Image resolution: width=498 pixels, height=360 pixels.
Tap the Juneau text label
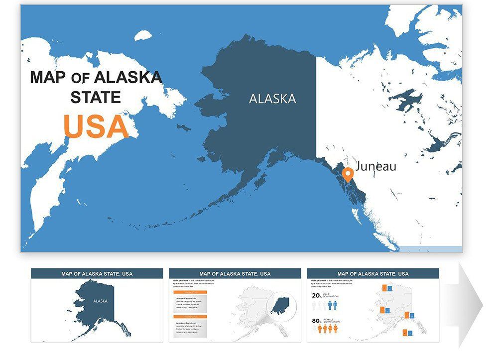(376, 166)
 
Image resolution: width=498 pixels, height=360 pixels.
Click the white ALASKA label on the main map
(272, 99)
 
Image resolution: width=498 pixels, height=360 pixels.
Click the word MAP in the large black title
(48, 77)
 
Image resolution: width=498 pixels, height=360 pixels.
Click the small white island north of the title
(143, 35)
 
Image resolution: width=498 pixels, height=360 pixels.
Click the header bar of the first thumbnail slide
(97, 273)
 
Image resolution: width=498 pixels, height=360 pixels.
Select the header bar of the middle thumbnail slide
(235, 273)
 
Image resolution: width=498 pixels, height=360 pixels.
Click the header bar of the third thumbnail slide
(373, 273)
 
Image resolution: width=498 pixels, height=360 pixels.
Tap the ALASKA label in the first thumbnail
(100, 301)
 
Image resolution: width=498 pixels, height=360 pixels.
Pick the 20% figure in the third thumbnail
(317, 295)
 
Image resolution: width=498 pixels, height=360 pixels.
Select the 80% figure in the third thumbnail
(317, 321)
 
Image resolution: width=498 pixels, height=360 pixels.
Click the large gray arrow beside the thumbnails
(470, 304)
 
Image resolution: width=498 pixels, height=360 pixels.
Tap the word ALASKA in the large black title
(128, 77)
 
